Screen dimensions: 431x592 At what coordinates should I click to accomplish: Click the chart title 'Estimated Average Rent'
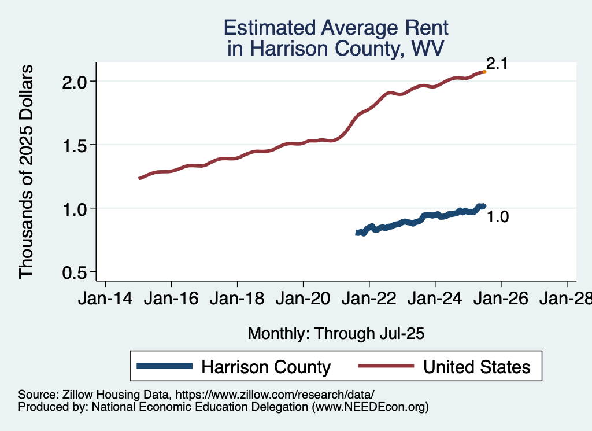click(x=336, y=28)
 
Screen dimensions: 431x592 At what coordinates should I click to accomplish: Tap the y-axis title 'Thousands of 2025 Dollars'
click(x=27, y=171)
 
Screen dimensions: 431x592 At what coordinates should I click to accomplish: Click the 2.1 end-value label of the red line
click(x=497, y=64)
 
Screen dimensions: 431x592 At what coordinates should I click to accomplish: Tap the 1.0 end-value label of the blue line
click(x=497, y=218)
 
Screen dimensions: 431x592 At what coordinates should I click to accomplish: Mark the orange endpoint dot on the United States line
click(x=484, y=72)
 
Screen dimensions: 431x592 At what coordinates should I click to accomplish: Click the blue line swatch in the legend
click(x=164, y=366)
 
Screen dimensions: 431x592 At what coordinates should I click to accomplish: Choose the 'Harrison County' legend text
click(x=265, y=367)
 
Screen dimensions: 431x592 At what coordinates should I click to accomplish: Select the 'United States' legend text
click(x=476, y=367)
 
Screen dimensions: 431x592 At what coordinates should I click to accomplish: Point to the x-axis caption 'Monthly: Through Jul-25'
click(x=336, y=333)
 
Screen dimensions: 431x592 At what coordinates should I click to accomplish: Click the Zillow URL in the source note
click(x=275, y=395)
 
